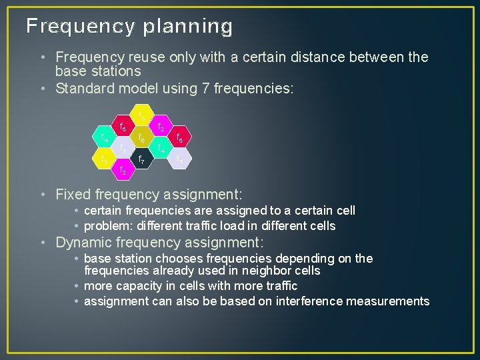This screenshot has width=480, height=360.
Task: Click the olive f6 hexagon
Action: pyautogui.click(x=141, y=137)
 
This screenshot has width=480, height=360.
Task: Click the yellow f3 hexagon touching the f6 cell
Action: pyautogui.click(x=141, y=115)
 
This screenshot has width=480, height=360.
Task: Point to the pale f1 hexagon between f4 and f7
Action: pyautogui.click(x=122, y=148)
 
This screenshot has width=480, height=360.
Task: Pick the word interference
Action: pyautogui.click(x=324, y=301)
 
